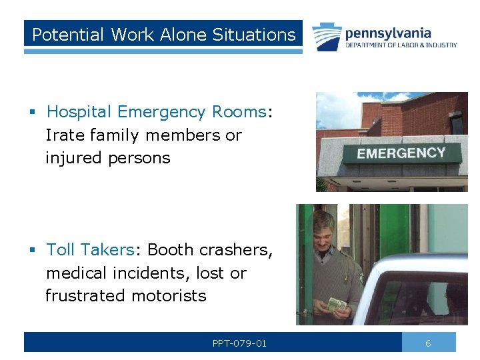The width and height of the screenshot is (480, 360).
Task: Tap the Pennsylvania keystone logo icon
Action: [x=325, y=37]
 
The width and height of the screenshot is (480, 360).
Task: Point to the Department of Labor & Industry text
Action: [x=401, y=45]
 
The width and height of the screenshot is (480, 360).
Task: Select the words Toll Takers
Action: [x=90, y=250]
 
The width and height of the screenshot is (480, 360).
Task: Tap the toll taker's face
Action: [x=325, y=230]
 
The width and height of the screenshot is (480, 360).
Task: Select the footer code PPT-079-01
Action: [x=239, y=343]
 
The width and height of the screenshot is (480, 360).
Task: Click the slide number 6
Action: [x=428, y=343]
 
